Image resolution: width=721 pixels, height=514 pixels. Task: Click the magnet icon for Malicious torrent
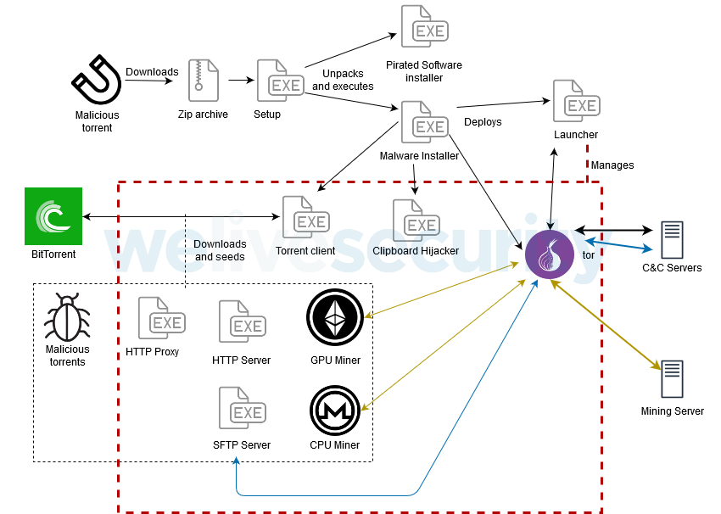[x=96, y=81]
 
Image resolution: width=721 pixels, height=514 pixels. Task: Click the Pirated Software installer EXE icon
[x=422, y=27]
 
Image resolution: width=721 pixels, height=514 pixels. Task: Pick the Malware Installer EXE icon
[x=422, y=123]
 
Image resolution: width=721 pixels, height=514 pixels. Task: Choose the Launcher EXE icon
[x=574, y=102]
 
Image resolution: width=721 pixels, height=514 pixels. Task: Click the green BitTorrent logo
[x=53, y=216]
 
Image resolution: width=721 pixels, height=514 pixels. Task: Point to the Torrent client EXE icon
[x=303, y=218]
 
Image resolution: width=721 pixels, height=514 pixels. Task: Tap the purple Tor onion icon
[x=550, y=254]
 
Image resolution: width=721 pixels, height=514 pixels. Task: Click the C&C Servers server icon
[x=672, y=241]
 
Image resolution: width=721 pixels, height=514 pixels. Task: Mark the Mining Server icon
[x=672, y=381]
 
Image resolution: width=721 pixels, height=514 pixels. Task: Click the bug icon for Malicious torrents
[x=67, y=318]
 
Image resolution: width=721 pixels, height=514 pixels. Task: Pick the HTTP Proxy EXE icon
[x=159, y=319]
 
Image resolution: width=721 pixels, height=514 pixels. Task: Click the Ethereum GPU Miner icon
[x=335, y=319]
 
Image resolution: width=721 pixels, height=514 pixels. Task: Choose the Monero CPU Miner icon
[x=335, y=410]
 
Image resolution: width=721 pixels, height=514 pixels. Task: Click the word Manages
[x=612, y=165]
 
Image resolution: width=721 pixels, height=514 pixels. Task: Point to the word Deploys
[x=483, y=121]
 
